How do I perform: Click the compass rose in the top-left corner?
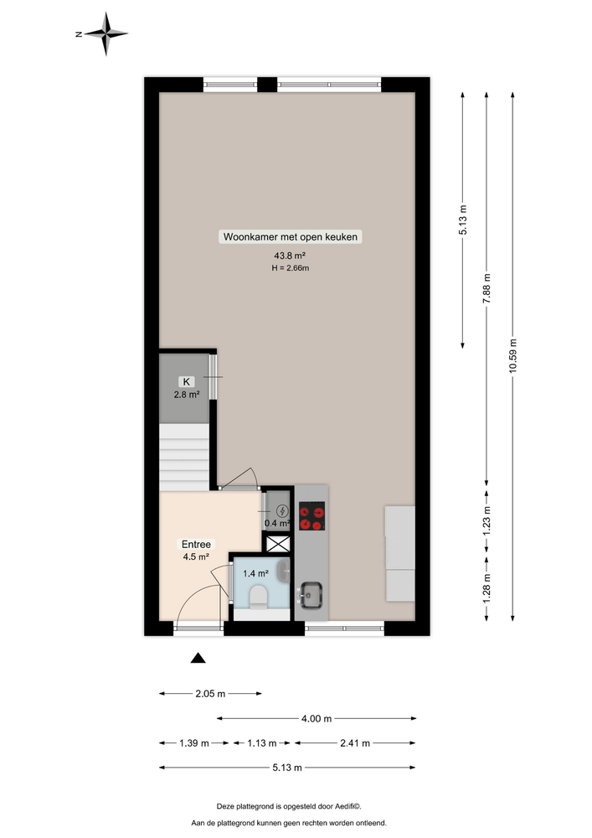click(106, 34)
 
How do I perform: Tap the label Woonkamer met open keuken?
click(290, 237)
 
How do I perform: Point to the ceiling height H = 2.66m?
click(290, 268)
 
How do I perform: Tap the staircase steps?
click(184, 457)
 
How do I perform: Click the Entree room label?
click(195, 543)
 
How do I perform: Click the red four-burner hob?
click(312, 515)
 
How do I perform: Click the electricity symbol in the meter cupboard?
click(281, 510)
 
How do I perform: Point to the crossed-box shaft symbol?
click(277, 543)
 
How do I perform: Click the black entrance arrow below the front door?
click(198, 658)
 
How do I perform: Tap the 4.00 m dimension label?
click(317, 718)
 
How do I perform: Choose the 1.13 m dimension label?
click(261, 742)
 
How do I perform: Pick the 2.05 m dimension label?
click(210, 694)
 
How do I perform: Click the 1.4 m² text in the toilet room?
click(255, 573)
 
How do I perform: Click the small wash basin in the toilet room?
click(286, 574)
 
